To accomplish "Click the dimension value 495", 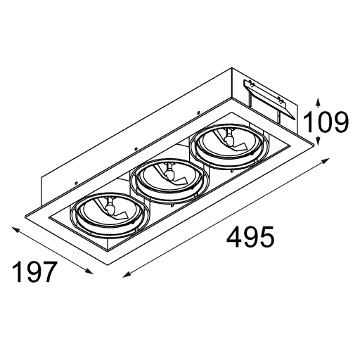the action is pos(250,236).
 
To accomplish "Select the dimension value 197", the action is pos(34,271).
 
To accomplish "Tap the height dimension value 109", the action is pos(326,122).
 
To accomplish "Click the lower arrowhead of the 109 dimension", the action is pos(318,140).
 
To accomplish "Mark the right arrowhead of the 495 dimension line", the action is pos(325,161).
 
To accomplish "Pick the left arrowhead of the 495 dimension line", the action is pos(127,274).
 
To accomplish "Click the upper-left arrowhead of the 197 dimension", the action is pos(16,229).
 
